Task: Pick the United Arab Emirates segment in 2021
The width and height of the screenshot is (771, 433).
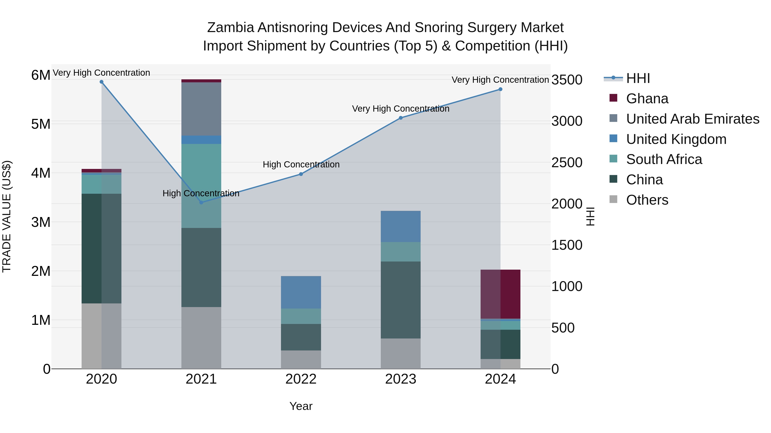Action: click(x=201, y=109)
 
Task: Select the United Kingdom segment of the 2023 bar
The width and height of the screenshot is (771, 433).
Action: click(x=400, y=226)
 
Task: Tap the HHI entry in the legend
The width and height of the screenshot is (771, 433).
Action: click(x=638, y=78)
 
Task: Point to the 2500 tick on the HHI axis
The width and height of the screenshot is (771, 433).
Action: click(x=566, y=163)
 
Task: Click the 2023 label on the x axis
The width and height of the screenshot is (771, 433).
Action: click(x=400, y=379)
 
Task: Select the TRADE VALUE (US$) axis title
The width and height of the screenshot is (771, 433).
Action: click(x=7, y=216)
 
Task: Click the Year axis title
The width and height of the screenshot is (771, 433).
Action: click(x=301, y=406)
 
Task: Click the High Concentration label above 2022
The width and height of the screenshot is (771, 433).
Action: click(x=301, y=164)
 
